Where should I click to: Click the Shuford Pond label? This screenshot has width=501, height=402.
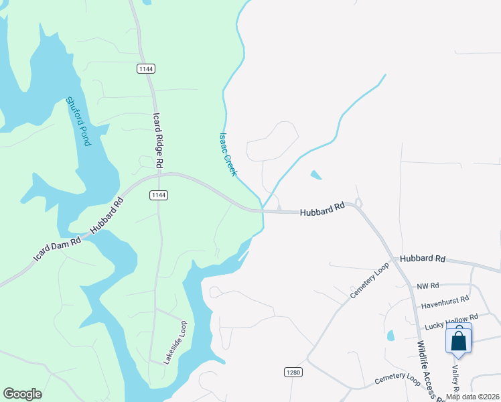tap(78, 122)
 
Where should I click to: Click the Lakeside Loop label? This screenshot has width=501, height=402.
tap(175, 342)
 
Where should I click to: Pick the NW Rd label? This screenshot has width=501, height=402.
tap(427, 286)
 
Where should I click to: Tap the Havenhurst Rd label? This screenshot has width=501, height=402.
tap(445, 302)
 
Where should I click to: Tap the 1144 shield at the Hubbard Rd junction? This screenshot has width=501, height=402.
tap(158, 195)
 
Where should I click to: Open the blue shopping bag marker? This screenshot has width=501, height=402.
tap(459, 340)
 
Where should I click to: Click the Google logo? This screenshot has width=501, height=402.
tap(22, 394)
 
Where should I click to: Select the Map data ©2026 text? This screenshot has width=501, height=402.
tap(472, 397)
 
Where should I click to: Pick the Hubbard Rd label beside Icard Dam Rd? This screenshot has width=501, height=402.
tap(107, 215)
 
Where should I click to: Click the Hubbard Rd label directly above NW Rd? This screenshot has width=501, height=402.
tap(423, 259)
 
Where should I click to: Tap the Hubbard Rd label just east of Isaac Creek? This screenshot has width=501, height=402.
tap(322, 209)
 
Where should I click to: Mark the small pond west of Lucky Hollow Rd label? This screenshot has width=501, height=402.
tap(390, 335)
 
